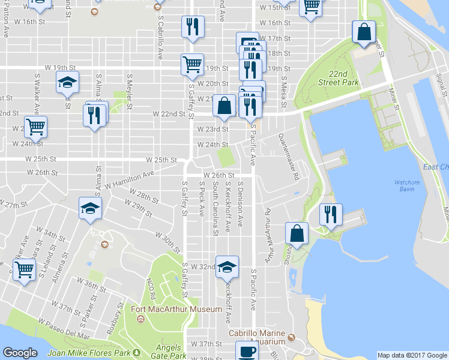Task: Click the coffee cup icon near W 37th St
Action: coord(246,351)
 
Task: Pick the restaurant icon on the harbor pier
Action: coord(330,214)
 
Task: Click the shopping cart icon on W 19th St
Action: coord(192,64)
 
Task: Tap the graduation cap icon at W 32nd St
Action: coord(228,266)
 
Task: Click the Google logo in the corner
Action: coord(20,353)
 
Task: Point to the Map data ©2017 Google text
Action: coord(412,355)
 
